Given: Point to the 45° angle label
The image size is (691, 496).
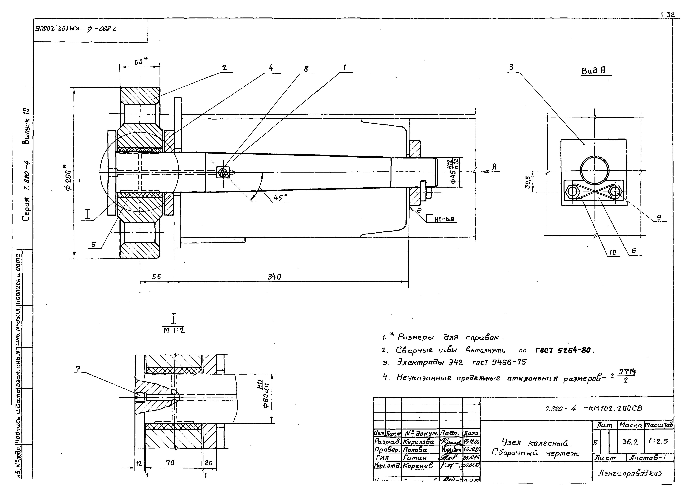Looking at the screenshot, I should tap(280, 198).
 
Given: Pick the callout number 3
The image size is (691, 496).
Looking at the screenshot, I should tap(511, 67).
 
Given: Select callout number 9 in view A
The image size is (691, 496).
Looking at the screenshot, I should tap(659, 218).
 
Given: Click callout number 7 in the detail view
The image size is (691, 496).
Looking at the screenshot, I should tap(78, 369).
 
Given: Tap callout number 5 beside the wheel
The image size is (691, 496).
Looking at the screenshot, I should tap(93, 244).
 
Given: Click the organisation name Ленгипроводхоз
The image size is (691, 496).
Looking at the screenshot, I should tap(630, 473).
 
